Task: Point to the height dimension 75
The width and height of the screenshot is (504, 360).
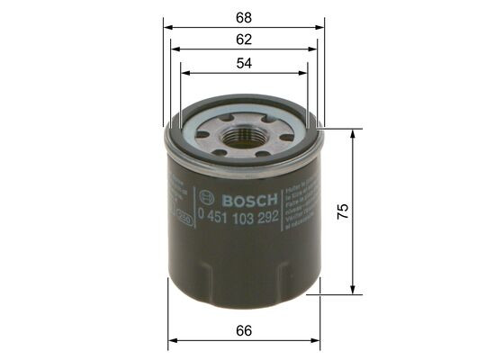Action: click(342, 211)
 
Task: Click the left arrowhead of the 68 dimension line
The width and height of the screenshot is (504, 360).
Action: click(168, 27)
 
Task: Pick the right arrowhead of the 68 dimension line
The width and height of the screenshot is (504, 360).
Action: click(319, 27)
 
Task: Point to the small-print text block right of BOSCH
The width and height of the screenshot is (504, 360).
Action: click(298, 210)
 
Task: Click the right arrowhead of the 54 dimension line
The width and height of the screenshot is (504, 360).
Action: click(304, 74)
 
